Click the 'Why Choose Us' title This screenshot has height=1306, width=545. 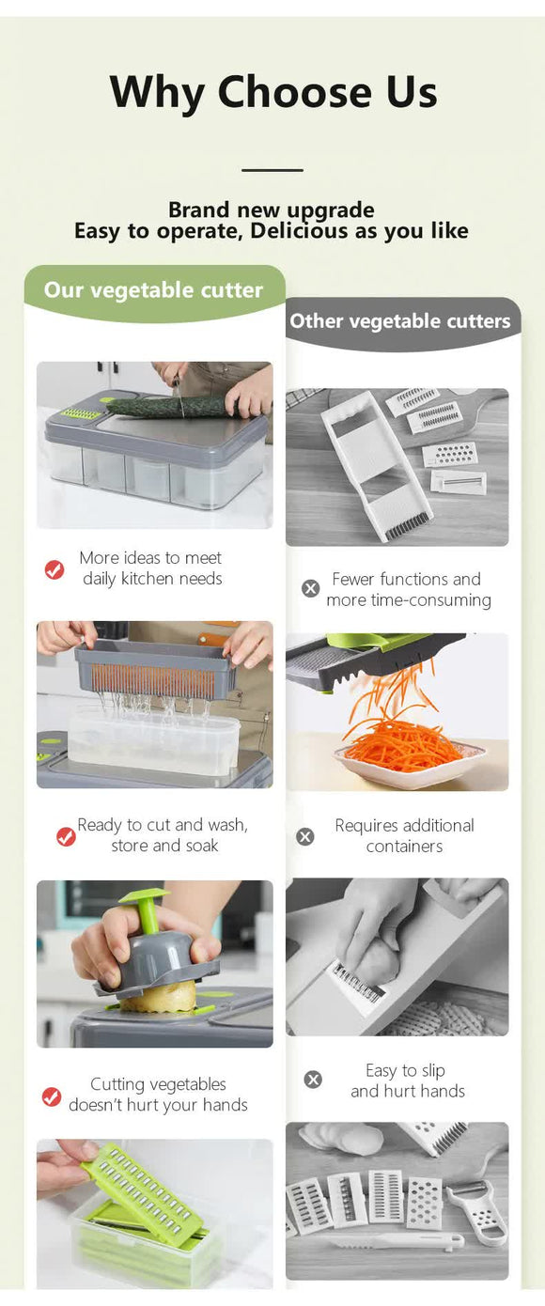pos(272,92)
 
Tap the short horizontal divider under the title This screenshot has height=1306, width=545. pos(272,170)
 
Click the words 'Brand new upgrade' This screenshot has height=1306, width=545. pos(272,210)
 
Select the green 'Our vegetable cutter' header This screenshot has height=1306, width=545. pos(153,290)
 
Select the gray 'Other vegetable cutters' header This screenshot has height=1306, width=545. pos(400,321)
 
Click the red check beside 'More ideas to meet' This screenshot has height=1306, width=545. pos(54,569)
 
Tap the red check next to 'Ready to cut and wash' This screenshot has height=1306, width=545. pos(66,836)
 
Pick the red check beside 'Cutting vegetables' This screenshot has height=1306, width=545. pos(52,1096)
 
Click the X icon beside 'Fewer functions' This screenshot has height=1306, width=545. pos(310,589)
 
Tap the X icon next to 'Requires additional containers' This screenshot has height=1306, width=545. pos(305,836)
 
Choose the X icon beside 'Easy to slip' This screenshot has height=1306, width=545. pos(313,1081)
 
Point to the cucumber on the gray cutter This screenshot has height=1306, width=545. pos(169,407)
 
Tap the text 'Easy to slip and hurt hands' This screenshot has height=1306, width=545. pos(407,1081)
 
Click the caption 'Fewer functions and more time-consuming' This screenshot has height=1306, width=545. pos(408,589)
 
